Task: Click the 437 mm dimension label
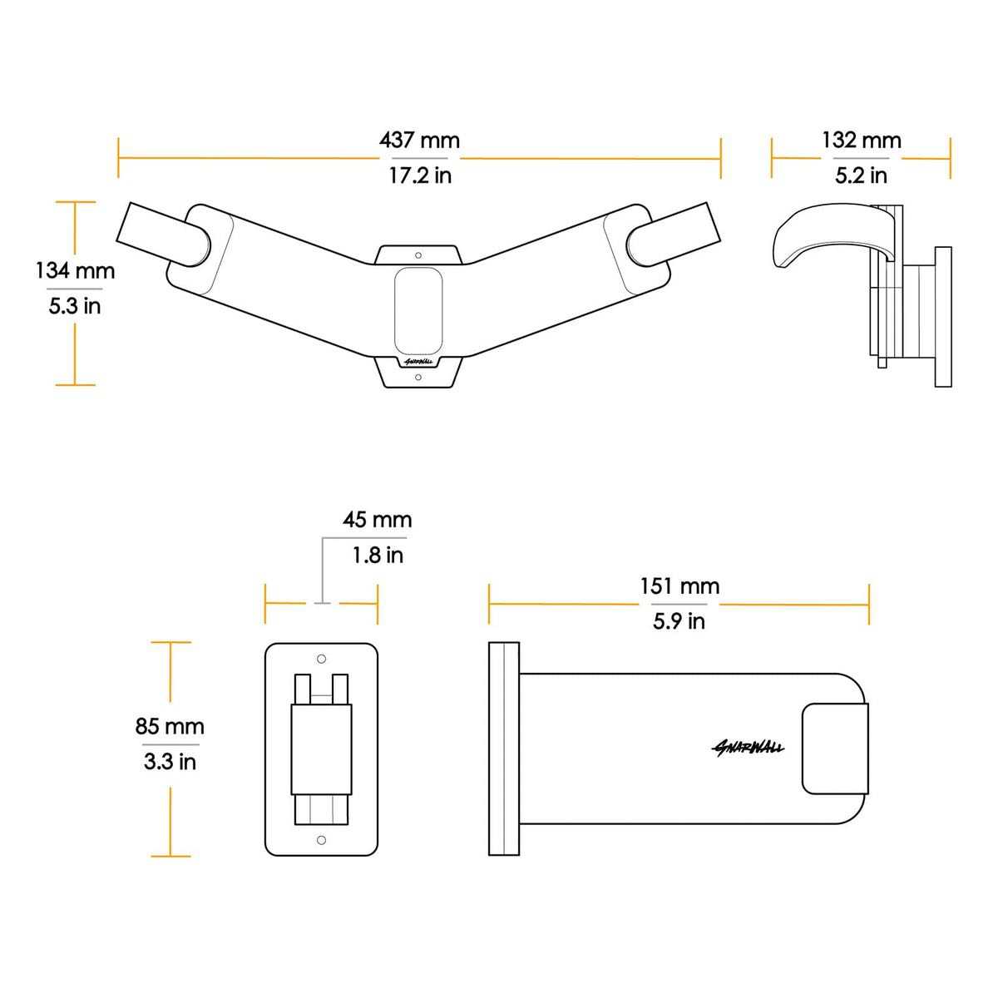(419, 141)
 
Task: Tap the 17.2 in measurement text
(420, 175)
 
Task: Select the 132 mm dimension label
(862, 141)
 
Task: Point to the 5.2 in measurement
(861, 175)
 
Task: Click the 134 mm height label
(76, 271)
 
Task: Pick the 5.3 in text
(75, 306)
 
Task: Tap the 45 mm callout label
(377, 520)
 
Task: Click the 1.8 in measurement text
(378, 556)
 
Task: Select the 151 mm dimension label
(679, 586)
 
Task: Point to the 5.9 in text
(679, 621)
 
